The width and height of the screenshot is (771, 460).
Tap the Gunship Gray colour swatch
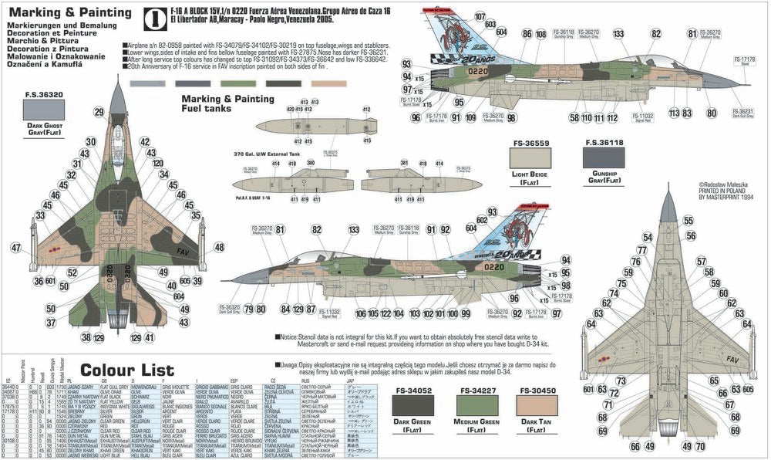pyautogui.click(x=604, y=159)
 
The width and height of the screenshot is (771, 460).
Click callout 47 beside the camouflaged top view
pyautogui.click(x=16, y=247)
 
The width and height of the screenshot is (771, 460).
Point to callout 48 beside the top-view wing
pyautogui.click(x=219, y=247)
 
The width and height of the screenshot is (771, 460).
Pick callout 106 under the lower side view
pyautogui.click(x=360, y=313)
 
